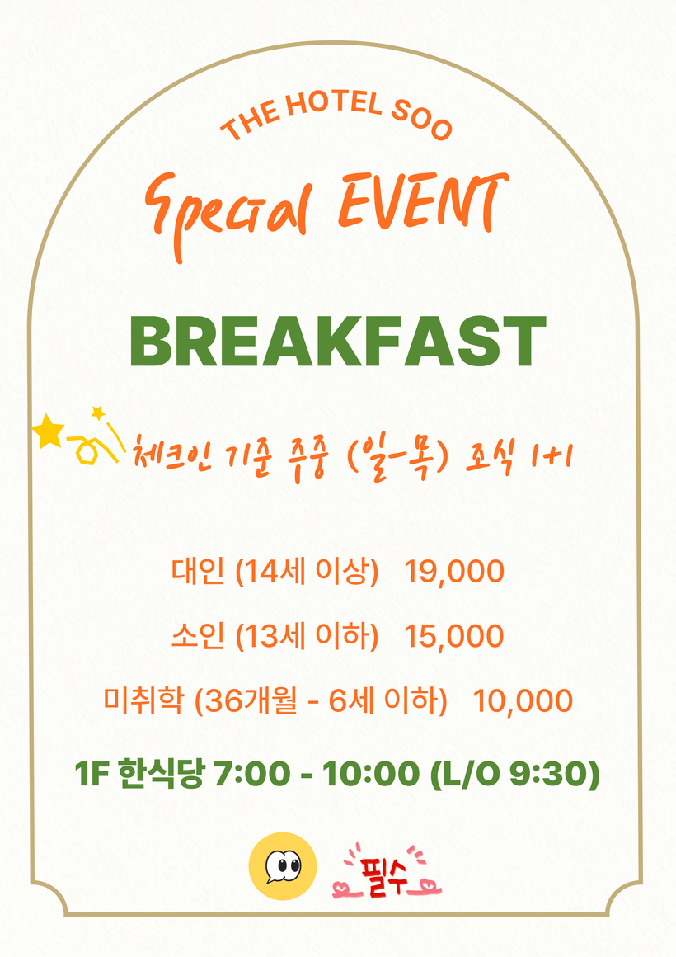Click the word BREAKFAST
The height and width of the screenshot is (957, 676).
pyautogui.click(x=337, y=342)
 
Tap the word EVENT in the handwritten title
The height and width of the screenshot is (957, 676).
pyautogui.click(x=423, y=201)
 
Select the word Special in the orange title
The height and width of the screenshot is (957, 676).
pyautogui.click(x=229, y=214)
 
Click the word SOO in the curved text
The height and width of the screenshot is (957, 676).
pyautogui.click(x=422, y=121)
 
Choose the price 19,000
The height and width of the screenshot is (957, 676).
pyautogui.click(x=454, y=571)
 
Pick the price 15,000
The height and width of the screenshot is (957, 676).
pyautogui.click(x=454, y=635)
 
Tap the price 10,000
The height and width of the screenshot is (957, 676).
pyautogui.click(x=523, y=700)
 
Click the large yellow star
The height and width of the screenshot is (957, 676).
pyautogui.click(x=48, y=431)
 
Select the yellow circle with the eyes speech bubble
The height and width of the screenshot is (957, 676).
pyautogui.click(x=283, y=866)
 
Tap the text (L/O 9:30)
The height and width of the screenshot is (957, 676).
pyautogui.click(x=515, y=773)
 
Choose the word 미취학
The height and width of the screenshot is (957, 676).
pyautogui.click(x=143, y=700)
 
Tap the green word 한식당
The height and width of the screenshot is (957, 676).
pyautogui.click(x=161, y=774)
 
